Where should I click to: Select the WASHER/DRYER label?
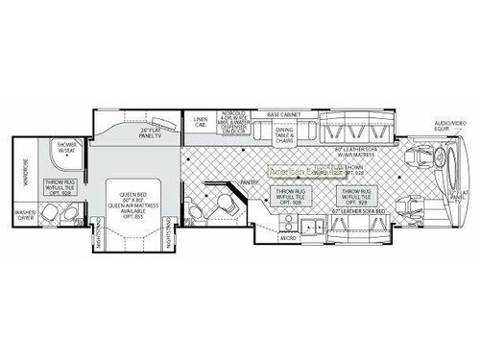(25, 216)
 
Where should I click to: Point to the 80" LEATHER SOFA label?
(355, 151)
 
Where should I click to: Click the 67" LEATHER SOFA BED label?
(352, 210)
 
